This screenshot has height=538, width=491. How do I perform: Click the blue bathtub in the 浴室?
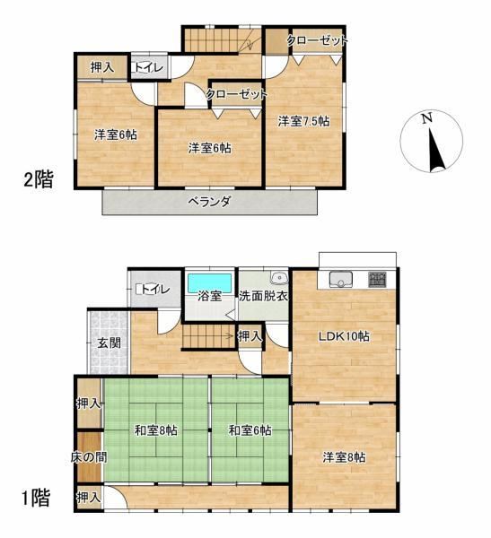click(x=210, y=282)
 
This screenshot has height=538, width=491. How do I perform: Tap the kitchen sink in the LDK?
click(x=341, y=279)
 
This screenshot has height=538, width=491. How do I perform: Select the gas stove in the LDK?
click(x=378, y=279)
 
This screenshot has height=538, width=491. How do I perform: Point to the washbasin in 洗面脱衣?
click(x=279, y=278)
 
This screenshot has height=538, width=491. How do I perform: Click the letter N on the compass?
click(x=427, y=118)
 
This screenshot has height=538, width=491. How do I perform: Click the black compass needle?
click(x=436, y=150)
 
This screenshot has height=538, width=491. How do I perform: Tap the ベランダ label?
click(x=209, y=202)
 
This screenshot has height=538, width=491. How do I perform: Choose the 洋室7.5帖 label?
click(x=303, y=121)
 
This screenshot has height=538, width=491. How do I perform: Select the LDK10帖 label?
click(x=344, y=336)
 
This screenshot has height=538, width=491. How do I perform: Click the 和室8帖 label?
click(x=155, y=430)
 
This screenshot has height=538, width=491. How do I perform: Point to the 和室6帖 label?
click(x=250, y=430)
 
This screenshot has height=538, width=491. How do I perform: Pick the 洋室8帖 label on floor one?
click(x=344, y=457)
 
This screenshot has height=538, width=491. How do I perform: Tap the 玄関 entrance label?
click(x=109, y=343)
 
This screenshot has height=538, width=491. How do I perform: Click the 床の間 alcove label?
click(x=89, y=457)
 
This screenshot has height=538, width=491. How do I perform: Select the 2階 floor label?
click(x=38, y=179)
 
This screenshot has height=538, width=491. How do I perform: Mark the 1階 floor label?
click(x=36, y=498)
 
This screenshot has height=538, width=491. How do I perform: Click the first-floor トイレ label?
click(x=155, y=290)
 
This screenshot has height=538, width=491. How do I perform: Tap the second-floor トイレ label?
click(x=148, y=67)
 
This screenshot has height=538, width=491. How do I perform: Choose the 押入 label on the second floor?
click(x=102, y=67)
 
